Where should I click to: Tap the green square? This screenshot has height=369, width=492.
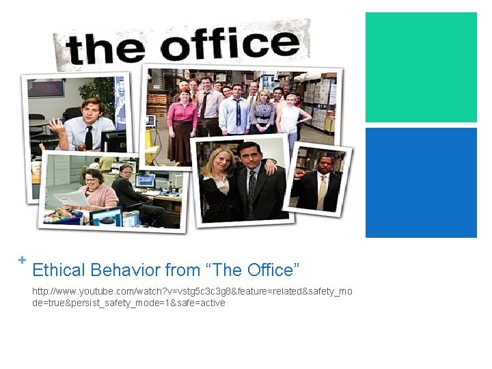421,67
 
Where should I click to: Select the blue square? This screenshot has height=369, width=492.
421,182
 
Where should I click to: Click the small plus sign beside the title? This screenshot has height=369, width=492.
23,260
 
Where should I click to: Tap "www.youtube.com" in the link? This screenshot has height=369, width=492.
96,291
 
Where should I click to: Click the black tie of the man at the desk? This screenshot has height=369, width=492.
89,137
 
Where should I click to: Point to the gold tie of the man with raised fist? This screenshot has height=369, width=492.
322,191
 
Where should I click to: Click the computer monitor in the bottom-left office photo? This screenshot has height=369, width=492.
145,180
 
